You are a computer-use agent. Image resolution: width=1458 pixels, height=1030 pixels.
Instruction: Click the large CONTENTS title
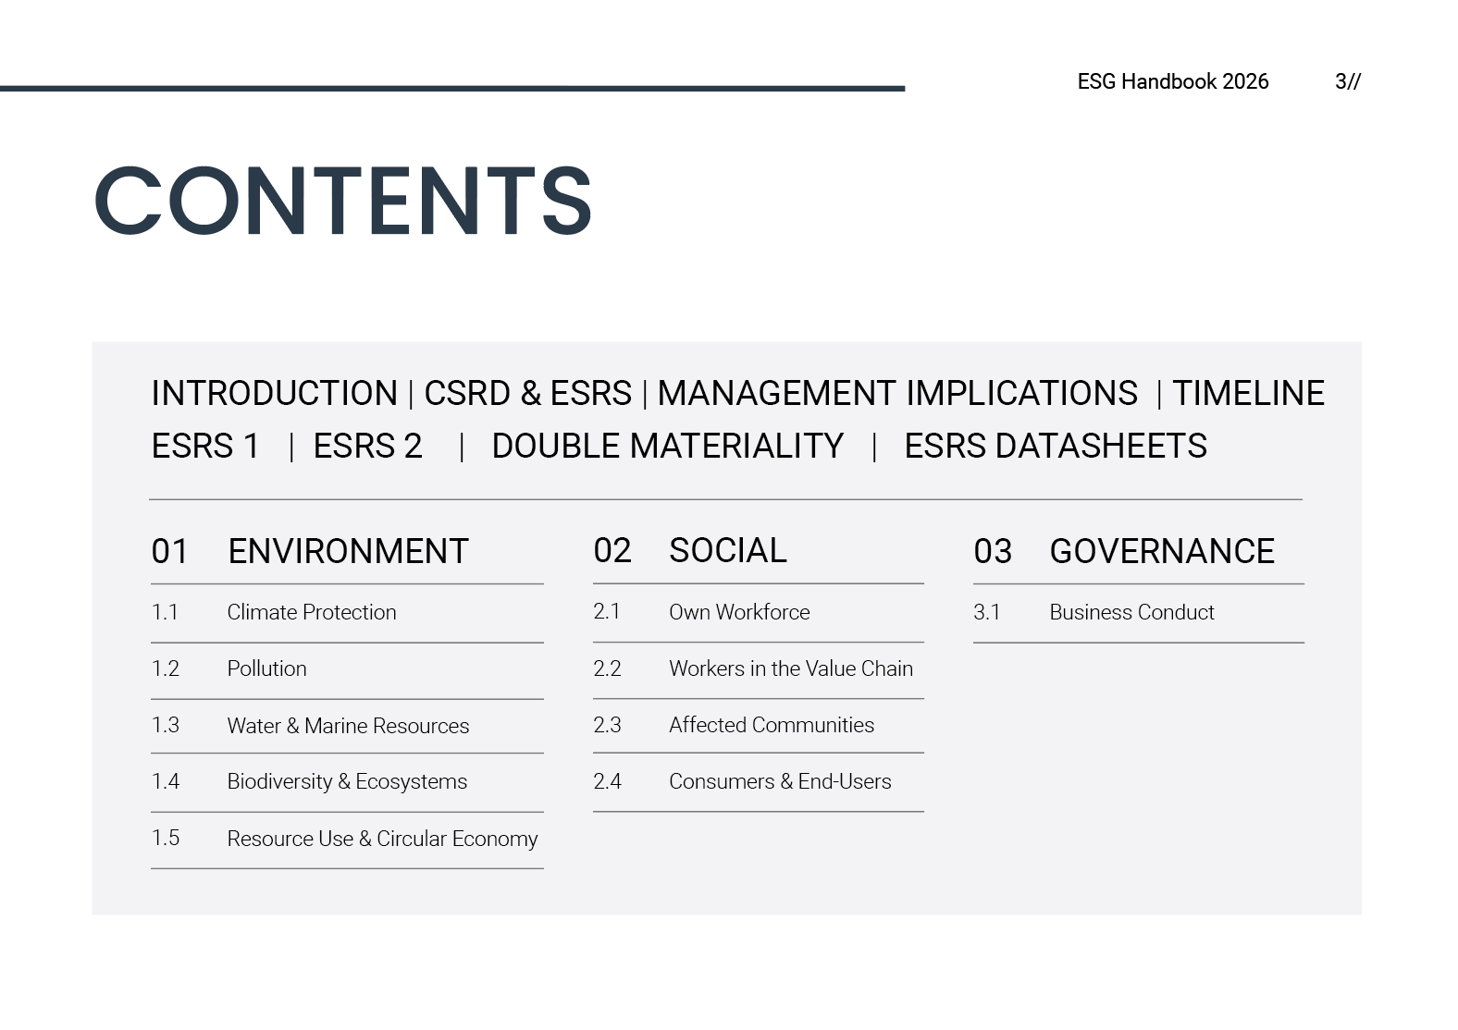[343, 200]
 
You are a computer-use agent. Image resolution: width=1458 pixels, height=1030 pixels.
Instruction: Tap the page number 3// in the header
[1347, 82]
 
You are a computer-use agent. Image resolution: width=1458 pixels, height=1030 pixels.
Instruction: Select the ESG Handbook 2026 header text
[1173, 81]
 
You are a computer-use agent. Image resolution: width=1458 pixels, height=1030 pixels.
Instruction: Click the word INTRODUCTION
[274, 393]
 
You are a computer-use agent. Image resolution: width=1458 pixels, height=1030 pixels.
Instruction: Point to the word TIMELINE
[1248, 393]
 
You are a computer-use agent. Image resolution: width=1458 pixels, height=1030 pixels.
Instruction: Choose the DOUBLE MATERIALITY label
[668, 447]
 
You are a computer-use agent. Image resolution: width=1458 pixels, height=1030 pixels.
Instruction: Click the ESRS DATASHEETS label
[1056, 447]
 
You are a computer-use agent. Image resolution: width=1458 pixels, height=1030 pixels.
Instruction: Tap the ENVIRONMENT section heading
[348, 551]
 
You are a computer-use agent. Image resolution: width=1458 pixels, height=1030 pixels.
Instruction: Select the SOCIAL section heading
[728, 550]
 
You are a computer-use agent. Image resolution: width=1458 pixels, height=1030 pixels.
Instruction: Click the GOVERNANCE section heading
[1162, 551]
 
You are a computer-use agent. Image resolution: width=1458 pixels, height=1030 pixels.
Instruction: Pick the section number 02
[612, 550]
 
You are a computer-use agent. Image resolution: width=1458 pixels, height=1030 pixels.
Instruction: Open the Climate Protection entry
[311, 612]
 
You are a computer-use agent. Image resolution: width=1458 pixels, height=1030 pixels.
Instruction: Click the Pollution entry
[266, 668]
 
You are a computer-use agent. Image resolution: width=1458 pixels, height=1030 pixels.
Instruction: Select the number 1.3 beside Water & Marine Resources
[166, 725]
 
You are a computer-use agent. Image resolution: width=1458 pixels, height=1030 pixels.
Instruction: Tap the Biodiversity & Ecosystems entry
[347, 781]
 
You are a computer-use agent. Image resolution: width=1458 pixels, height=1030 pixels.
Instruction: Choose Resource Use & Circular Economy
[382, 839]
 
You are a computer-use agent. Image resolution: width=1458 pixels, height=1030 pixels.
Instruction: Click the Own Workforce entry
[739, 612]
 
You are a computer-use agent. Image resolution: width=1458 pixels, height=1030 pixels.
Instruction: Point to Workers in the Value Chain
[791, 668]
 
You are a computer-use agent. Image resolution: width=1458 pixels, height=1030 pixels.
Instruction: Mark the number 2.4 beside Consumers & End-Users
[607, 781]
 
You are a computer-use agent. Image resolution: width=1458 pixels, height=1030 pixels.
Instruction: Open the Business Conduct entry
[1132, 612]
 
